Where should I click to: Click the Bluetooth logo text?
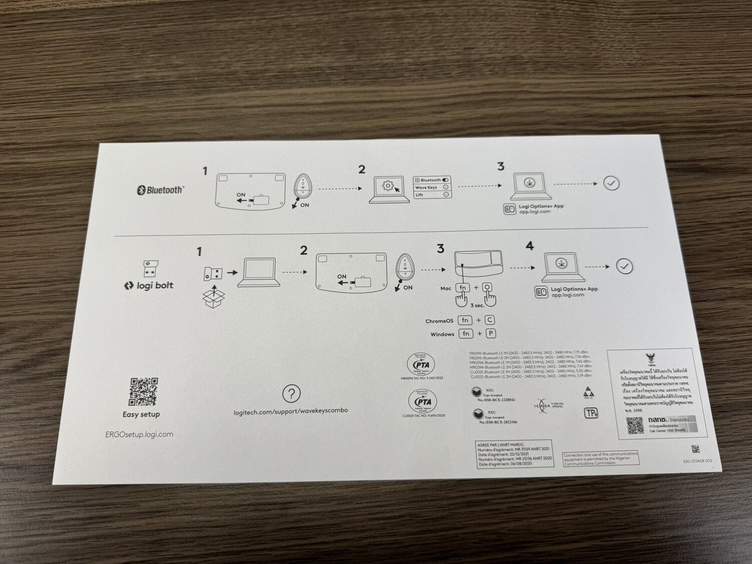(x=160, y=190)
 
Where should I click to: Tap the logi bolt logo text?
(x=149, y=286)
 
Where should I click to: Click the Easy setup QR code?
(x=144, y=392)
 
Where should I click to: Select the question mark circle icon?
(x=291, y=394)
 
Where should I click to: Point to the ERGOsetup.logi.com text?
(x=139, y=435)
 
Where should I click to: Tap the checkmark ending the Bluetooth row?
(x=611, y=183)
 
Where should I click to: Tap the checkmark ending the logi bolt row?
(x=624, y=266)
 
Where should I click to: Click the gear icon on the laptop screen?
(x=388, y=186)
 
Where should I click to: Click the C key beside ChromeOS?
(x=490, y=320)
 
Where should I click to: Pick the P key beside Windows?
(x=490, y=333)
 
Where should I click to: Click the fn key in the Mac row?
(x=462, y=288)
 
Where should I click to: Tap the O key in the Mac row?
(x=487, y=288)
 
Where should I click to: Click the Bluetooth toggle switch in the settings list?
(x=446, y=180)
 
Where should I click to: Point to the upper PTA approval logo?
(x=421, y=364)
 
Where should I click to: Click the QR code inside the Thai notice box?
(x=634, y=426)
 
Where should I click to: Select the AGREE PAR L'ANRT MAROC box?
(x=514, y=454)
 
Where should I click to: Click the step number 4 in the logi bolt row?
(x=529, y=246)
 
